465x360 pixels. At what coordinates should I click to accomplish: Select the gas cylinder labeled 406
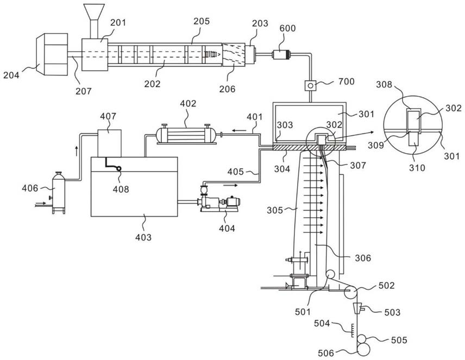point(58,192)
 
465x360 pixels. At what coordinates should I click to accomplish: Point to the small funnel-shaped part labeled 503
point(357,309)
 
